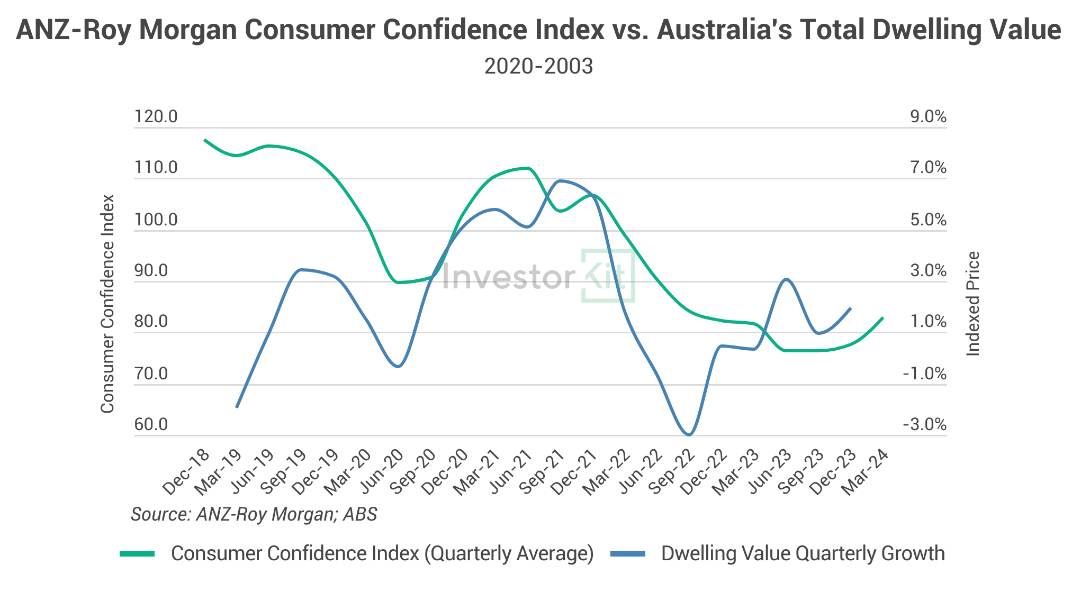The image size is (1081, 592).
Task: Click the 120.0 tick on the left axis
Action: [x=156, y=116]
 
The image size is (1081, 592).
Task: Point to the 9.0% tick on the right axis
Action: [x=928, y=116]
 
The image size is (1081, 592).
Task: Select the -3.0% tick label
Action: [x=924, y=424]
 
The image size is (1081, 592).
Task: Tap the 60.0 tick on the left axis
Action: [x=151, y=424]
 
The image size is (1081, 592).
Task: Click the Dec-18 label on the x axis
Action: [x=186, y=472]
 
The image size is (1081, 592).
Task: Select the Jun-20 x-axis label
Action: [x=381, y=472]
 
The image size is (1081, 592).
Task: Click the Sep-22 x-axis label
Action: [x=671, y=472]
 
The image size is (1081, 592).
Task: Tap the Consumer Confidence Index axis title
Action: [x=107, y=304]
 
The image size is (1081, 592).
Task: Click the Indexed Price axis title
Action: [x=973, y=304]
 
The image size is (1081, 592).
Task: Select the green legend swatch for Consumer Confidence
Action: [x=137, y=554]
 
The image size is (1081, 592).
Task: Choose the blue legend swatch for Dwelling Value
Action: [x=628, y=554]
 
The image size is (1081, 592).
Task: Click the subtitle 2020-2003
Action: [x=538, y=67]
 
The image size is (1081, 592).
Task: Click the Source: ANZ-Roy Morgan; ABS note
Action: [x=254, y=514]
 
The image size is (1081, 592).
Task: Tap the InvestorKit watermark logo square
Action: [x=608, y=275]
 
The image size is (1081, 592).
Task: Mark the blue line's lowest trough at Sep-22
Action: [x=689, y=435]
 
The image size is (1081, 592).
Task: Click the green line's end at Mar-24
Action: [x=883, y=318]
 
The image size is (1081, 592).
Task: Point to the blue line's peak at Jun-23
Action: [x=786, y=279]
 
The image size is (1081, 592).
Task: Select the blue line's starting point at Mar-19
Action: [x=236, y=407]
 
